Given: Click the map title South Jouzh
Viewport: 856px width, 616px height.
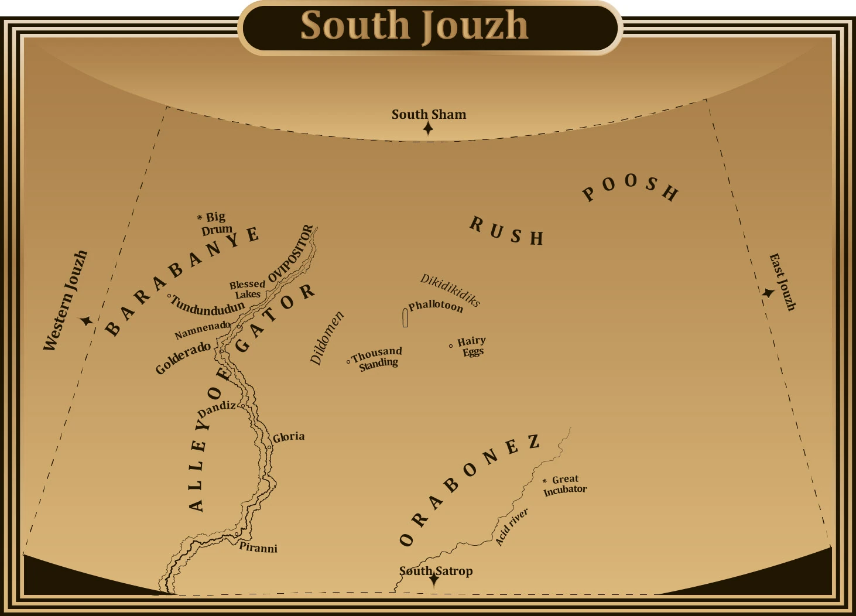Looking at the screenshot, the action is (415, 26).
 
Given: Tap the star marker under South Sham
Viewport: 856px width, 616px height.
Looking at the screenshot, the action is (429, 128).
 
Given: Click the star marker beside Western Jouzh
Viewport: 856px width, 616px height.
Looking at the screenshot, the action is (87, 321).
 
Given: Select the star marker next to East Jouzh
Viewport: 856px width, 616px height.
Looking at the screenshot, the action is (768, 292).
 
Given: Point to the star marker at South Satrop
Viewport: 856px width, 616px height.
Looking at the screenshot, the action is (434, 579).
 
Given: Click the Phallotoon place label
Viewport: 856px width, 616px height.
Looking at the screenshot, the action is (436, 306).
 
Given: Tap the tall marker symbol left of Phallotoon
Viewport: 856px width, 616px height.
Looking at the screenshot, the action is (405, 318).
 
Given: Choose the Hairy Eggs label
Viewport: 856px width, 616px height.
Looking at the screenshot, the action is (472, 346).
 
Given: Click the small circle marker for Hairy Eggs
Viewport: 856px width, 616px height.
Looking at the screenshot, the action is (451, 346).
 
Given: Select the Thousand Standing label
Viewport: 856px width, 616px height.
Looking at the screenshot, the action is (378, 357).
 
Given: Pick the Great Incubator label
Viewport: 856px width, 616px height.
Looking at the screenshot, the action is (565, 485).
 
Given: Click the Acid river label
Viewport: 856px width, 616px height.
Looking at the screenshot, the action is (511, 527).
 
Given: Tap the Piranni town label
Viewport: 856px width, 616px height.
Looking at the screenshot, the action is (258, 548).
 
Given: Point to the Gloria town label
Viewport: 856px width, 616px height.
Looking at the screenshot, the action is (289, 437).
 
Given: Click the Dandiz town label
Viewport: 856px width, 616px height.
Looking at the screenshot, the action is (217, 409).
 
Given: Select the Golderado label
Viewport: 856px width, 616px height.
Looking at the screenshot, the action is (183, 357).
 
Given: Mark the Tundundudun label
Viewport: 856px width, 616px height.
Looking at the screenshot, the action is (207, 307).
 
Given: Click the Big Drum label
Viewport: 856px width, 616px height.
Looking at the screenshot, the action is (215, 223).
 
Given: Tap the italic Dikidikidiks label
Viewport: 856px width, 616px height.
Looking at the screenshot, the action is (450, 290).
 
